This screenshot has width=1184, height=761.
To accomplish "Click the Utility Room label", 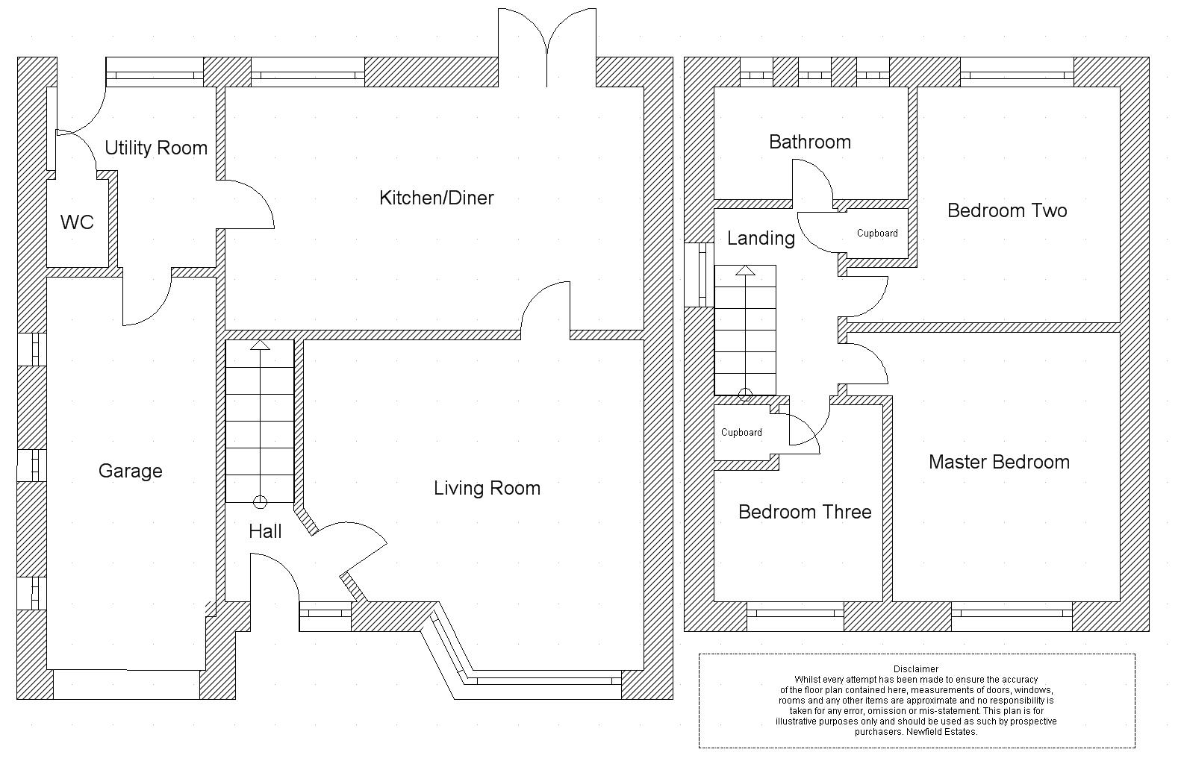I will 156,148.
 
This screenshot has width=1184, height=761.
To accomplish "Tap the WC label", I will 77,222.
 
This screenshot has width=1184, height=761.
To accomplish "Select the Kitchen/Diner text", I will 437,198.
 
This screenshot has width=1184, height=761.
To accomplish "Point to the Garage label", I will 131,471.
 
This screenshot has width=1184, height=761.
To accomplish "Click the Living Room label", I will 487,488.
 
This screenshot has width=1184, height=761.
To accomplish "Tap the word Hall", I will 265,531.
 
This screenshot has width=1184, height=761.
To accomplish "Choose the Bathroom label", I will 810,142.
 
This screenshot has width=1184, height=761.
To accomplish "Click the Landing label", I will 761,238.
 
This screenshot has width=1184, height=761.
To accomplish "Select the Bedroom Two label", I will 1007,210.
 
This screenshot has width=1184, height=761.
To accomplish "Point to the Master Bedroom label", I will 999,462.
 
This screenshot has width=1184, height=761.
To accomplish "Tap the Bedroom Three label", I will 805,512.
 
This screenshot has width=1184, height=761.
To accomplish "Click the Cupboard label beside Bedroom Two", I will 877,234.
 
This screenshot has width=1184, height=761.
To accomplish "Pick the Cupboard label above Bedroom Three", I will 741,433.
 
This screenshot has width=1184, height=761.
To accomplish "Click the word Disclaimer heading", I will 916,669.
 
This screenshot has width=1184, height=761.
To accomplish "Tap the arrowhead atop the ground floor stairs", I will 260,345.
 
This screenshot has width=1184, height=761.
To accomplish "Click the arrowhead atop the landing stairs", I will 745,270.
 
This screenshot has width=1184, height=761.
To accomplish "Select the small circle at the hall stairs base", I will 260,501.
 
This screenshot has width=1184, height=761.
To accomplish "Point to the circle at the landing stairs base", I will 745,395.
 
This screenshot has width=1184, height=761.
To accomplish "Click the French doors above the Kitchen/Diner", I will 547,37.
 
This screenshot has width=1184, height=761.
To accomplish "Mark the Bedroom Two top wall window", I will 1016,75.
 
